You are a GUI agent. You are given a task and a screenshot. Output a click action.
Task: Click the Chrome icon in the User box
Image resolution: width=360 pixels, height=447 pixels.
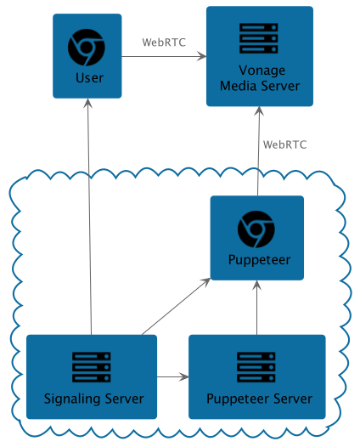tap(87, 48)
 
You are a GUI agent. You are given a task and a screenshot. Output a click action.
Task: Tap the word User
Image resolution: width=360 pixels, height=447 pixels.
tap(89, 78)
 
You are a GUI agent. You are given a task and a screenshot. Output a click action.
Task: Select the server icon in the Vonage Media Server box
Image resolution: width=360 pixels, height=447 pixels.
tap(259, 38)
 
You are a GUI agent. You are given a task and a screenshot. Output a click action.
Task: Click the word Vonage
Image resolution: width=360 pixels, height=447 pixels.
tap(262, 71)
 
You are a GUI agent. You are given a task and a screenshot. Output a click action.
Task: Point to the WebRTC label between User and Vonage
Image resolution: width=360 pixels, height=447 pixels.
tap(164, 42)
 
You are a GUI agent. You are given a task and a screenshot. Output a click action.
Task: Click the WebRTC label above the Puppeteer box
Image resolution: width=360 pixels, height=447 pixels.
tap(284, 144)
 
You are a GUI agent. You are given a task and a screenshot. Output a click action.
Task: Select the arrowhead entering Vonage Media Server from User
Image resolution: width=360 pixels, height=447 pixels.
tap(202, 56)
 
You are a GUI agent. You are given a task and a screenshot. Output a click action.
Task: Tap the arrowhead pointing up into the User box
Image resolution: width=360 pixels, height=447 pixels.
tap(88, 103)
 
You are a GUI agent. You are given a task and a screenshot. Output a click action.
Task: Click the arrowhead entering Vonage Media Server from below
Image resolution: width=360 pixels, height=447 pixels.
tap(259, 110)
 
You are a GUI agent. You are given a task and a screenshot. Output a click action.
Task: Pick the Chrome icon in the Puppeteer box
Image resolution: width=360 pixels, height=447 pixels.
tap(256, 229)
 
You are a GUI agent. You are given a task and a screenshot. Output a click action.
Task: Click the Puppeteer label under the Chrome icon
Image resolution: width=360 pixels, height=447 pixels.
tap(259, 260)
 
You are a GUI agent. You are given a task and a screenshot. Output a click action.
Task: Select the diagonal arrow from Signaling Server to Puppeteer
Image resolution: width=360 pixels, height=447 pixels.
tap(177, 307)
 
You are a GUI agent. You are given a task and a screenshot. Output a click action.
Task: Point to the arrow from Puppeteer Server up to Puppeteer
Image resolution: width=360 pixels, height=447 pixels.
tap(257, 308)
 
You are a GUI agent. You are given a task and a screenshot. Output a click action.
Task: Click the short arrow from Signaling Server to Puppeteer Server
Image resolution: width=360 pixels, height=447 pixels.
tap(173, 376)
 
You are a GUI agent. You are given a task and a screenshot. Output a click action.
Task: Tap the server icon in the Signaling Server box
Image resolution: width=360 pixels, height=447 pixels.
tap(92, 367)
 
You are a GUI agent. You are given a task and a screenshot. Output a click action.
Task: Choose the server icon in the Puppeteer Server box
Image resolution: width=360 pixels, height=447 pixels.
tap(256, 367)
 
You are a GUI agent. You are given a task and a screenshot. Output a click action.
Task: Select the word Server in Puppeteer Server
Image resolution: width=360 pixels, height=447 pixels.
tap(293, 399)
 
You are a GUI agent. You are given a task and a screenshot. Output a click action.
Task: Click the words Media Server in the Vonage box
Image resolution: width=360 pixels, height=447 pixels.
tap(260, 86)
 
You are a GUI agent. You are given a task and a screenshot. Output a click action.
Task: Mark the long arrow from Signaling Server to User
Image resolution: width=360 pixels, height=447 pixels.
tap(90, 217)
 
